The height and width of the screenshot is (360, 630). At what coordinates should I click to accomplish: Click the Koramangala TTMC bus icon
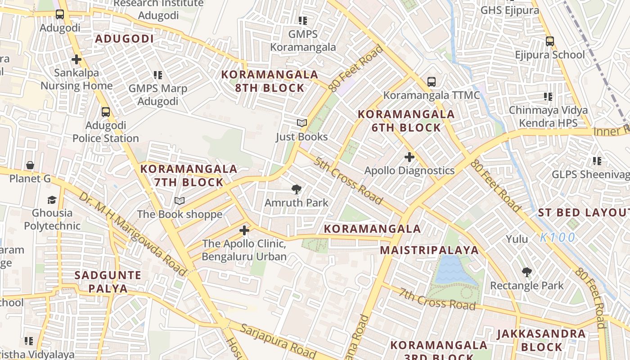pos(431,82)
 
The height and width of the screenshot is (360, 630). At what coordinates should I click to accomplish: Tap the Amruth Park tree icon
pos(296,189)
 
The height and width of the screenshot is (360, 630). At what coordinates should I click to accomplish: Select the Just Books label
pos(301,137)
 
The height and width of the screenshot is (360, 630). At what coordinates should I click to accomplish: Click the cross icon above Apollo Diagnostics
pos(409,157)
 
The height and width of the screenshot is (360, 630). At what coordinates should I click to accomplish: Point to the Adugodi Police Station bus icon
pos(106,112)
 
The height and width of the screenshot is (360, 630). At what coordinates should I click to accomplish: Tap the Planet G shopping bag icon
pos(30,165)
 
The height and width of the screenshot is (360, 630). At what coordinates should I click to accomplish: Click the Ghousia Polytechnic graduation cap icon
pos(52,199)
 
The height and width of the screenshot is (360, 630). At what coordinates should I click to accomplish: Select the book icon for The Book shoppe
pos(180,201)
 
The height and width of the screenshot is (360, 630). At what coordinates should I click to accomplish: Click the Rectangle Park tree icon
pos(526,272)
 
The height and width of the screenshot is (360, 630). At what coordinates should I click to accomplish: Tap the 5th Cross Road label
pos(348,180)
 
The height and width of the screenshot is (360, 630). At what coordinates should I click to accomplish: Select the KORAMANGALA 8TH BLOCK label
pos(270,81)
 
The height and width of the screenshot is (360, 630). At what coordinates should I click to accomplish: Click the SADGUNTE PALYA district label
pos(108,282)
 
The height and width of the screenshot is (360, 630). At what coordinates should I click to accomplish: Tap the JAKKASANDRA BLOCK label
pos(541,340)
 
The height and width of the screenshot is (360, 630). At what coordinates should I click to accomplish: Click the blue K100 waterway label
pos(558,237)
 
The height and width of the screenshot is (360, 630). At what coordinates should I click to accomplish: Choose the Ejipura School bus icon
pos(549,41)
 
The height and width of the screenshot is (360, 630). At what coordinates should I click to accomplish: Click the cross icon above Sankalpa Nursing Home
pos(76,59)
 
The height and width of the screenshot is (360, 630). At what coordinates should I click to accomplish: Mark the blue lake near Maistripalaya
pos(454,270)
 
